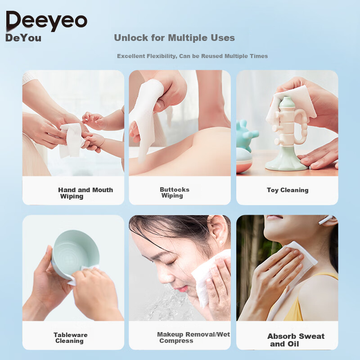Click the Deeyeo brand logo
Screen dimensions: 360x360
click(x=47, y=21)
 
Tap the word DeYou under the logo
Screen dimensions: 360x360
click(x=23, y=38)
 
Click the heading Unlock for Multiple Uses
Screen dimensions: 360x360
click(x=174, y=38)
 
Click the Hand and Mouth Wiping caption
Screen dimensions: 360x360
click(x=85, y=193)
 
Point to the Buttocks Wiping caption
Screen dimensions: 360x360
click(x=175, y=193)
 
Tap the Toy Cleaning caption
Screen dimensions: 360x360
click(x=288, y=190)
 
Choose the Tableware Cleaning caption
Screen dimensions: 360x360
click(x=71, y=338)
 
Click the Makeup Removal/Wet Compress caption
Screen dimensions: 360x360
click(x=193, y=337)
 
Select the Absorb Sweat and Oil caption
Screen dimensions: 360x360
click(x=296, y=340)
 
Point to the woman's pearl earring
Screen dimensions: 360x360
click(x=221, y=242)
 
